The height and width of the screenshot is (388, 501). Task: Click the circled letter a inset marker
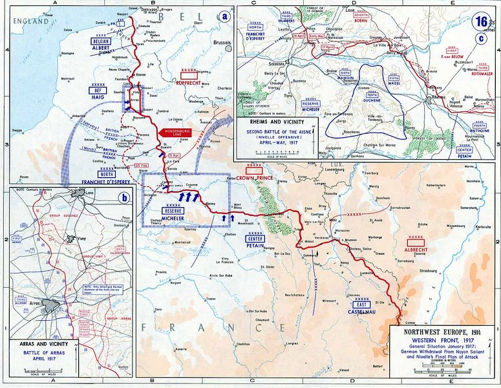224,16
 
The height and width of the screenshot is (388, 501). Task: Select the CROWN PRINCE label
255,177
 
